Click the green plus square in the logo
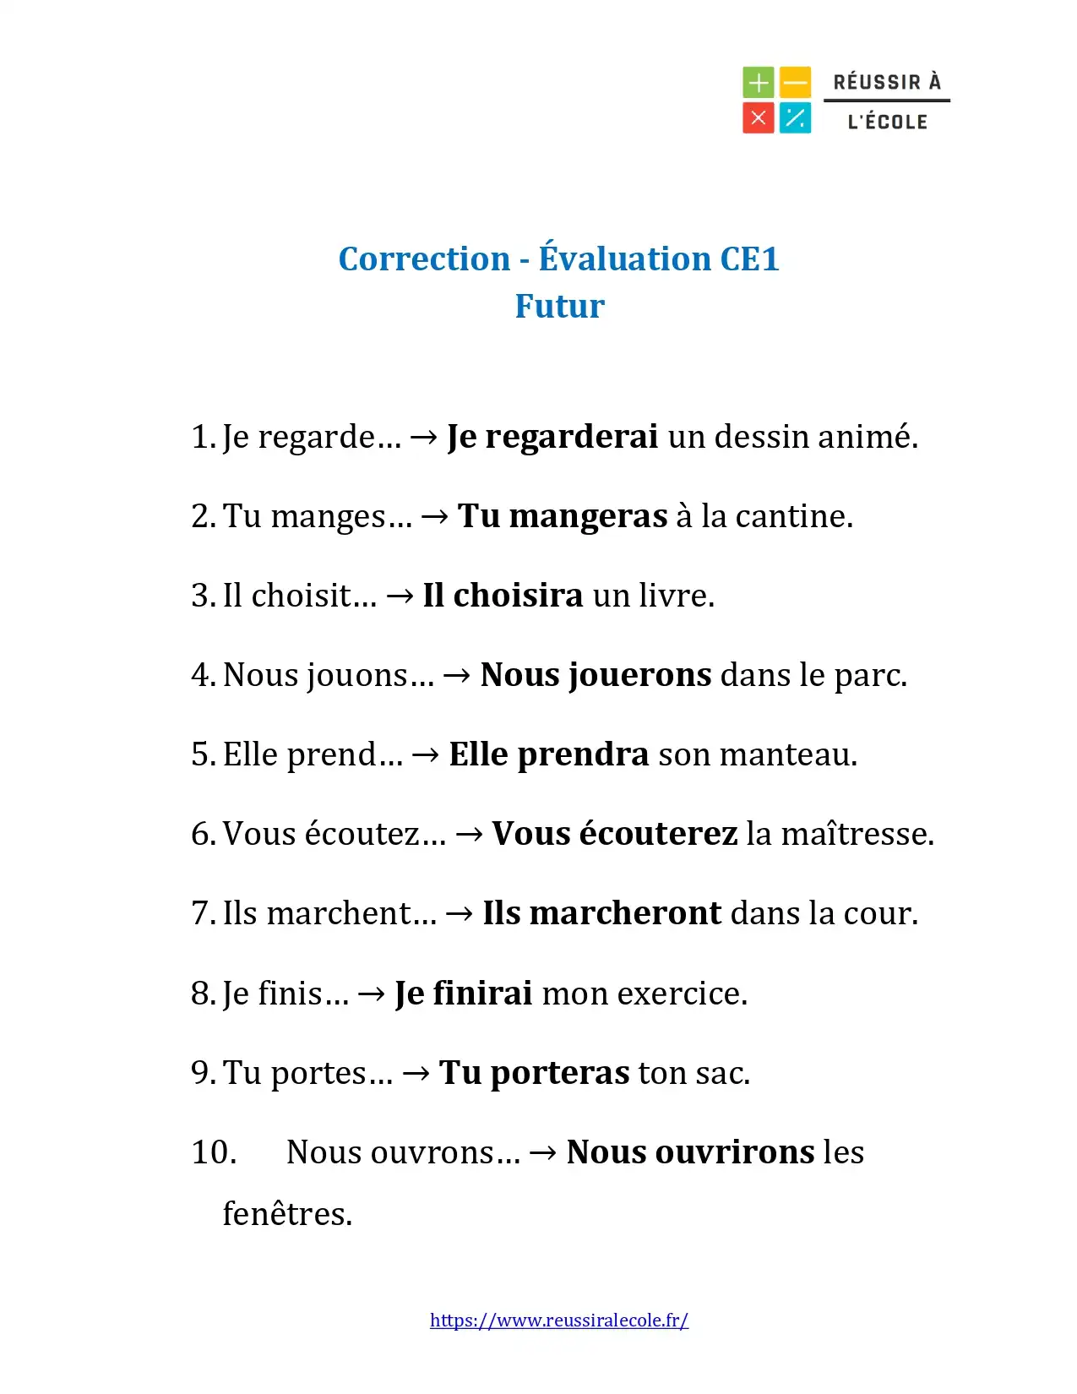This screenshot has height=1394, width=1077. pyautogui.click(x=758, y=83)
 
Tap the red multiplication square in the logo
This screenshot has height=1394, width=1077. pyautogui.click(x=758, y=118)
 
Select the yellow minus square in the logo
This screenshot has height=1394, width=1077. pyautogui.click(x=795, y=83)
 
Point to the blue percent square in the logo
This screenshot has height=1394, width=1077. pyautogui.click(x=795, y=118)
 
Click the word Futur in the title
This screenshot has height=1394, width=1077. pyautogui.click(x=559, y=306)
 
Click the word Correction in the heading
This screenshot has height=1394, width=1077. pyautogui.click(x=424, y=259)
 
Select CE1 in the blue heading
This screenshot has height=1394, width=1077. pyautogui.click(x=749, y=259)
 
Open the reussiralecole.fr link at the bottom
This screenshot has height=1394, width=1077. pyautogui.click(x=558, y=1320)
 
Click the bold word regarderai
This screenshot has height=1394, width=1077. pyautogui.click(x=571, y=437)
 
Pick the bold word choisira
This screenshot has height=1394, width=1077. pyautogui.click(x=518, y=596)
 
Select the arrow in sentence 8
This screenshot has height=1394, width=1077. pyautogui.click(x=372, y=994)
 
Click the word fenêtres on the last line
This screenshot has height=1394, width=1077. pyautogui.click(x=287, y=1214)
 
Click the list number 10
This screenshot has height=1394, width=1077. pyautogui.click(x=214, y=1152)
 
